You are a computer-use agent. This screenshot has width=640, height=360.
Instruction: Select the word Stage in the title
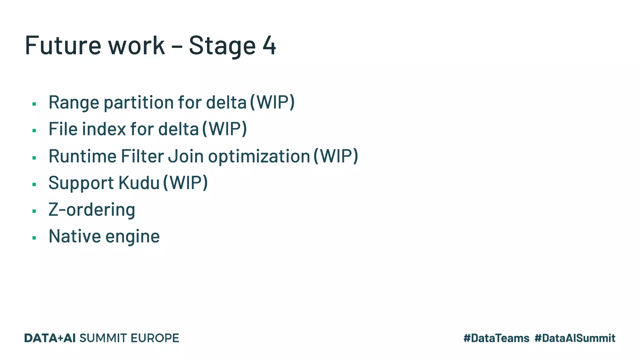(x=222, y=46)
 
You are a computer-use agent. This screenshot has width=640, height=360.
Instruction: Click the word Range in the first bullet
(x=74, y=102)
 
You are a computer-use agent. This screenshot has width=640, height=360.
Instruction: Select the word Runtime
(x=82, y=156)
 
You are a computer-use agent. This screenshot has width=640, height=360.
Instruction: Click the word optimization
(x=259, y=157)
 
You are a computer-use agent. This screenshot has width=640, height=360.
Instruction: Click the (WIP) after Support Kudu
(x=186, y=183)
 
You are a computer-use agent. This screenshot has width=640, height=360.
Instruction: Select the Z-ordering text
(x=92, y=210)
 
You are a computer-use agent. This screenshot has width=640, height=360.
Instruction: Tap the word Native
(x=75, y=236)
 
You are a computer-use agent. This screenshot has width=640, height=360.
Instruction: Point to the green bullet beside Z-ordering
(x=34, y=212)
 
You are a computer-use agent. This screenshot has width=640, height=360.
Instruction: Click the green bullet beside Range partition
(x=34, y=104)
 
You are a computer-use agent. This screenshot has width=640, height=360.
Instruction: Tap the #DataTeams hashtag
(x=496, y=338)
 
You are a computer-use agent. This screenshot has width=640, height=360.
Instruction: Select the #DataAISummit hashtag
(x=575, y=338)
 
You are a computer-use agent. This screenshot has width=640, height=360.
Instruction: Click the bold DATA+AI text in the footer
(x=50, y=338)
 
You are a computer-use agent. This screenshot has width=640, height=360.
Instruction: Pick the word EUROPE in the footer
(x=155, y=338)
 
